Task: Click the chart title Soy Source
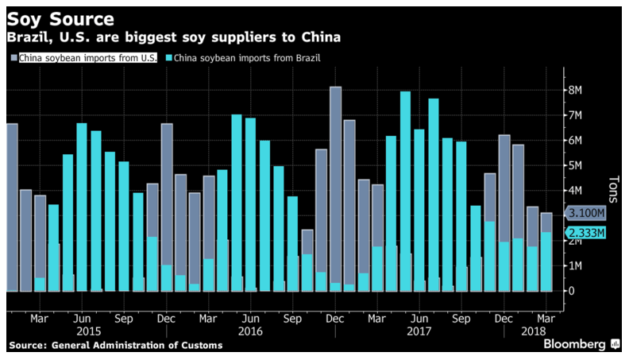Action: click(60, 18)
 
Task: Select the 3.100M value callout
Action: click(588, 213)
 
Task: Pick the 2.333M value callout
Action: click(588, 232)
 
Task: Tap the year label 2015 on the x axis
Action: click(89, 331)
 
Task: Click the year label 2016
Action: click(250, 331)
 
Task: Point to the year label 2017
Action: click(418, 331)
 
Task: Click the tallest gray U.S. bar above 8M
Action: click(335, 188)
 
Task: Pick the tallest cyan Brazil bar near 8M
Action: click(405, 191)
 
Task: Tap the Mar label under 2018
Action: click(547, 318)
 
